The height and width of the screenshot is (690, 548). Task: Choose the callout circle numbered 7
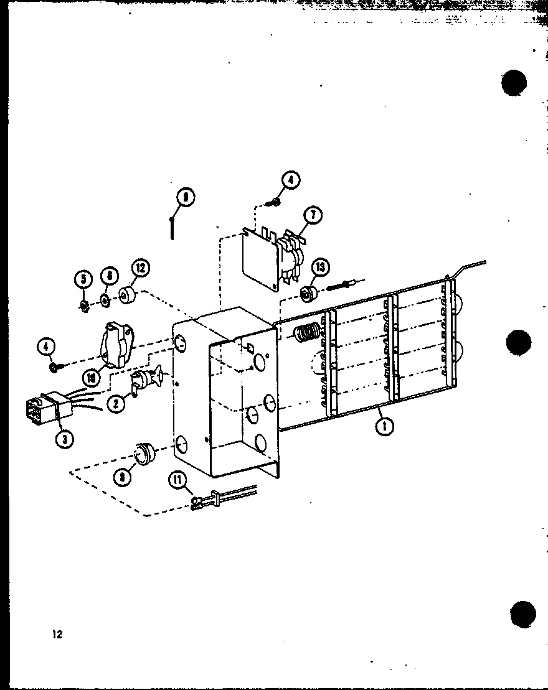tap(312, 215)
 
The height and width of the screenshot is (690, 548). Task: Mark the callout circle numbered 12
tap(140, 269)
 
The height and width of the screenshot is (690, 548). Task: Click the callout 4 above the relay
tap(290, 180)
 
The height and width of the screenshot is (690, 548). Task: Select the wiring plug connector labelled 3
tap(44, 411)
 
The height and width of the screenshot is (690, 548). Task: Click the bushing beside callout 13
tap(307, 293)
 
